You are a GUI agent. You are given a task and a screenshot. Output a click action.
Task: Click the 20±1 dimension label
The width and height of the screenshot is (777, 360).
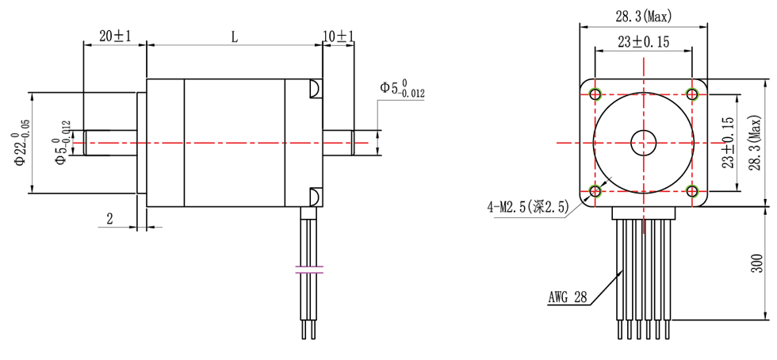point(114,36)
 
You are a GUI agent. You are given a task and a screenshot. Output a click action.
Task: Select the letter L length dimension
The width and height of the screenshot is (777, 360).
point(235,36)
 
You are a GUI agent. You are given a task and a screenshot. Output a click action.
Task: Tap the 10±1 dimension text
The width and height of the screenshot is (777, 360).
point(338,36)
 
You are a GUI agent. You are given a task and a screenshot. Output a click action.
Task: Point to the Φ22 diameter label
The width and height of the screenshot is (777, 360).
point(19,143)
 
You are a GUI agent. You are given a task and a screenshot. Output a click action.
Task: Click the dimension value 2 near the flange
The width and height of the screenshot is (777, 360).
point(110,219)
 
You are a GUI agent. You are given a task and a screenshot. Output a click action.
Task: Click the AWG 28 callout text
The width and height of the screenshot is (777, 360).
point(568,297)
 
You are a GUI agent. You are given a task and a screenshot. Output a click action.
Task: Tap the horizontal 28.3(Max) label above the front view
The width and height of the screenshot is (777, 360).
point(644,17)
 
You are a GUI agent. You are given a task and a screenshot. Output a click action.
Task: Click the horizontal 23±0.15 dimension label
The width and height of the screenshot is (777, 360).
point(644,42)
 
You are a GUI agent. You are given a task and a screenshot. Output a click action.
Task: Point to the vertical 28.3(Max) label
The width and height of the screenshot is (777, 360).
point(755,143)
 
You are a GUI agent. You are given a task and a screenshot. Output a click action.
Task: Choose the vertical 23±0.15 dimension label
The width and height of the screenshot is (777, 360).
point(728,143)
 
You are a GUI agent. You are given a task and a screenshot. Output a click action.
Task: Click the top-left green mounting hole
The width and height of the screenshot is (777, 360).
point(595,94)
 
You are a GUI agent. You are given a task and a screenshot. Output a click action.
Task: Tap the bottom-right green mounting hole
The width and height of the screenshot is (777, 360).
point(691,190)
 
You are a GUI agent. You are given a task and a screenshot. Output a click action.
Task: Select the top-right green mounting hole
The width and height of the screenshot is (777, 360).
point(691,94)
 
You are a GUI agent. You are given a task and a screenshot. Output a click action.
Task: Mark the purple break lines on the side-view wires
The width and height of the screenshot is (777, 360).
point(309,270)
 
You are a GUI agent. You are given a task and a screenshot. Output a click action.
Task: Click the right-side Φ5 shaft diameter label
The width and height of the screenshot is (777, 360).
point(402,90)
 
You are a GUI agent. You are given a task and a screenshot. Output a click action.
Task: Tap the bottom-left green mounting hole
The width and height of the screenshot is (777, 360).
point(595,190)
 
